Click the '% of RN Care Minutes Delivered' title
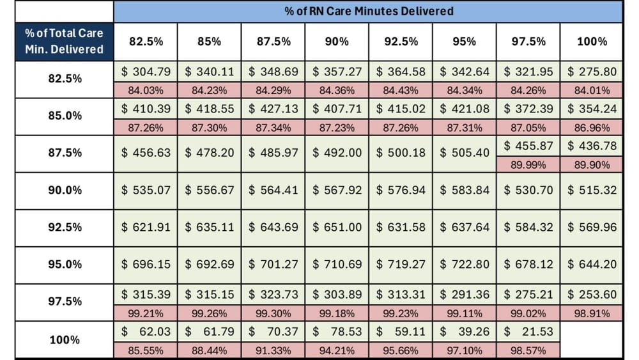click(368, 11)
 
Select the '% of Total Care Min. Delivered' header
click(64, 41)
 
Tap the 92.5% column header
click(401, 41)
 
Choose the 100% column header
click(592, 41)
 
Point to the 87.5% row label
click(65, 153)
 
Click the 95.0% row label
click(65, 265)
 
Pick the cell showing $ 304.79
click(146, 72)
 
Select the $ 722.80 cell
click(465, 263)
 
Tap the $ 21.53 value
click(528, 331)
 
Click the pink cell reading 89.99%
click(528, 164)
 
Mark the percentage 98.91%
click(592, 313)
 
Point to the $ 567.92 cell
click(337, 190)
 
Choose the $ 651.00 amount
click(337, 227)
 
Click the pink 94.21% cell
click(337, 350)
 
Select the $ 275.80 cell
click(592, 72)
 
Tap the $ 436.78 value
click(592, 146)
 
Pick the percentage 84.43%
click(401, 90)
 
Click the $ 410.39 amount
click(146, 109)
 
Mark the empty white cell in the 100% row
click(592, 340)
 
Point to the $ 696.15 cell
click(146, 263)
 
